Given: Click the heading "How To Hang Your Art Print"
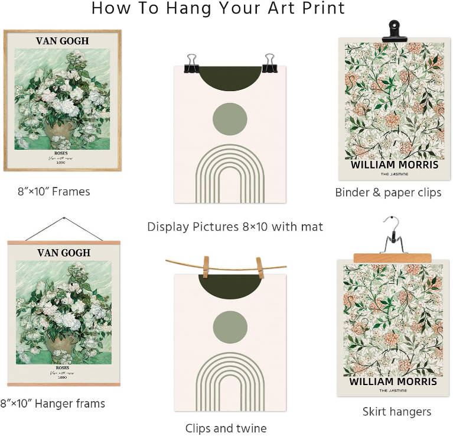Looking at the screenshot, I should tap(218, 9).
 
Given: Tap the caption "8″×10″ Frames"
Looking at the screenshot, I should tap(54, 192).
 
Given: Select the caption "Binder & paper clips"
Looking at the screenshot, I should tap(388, 192).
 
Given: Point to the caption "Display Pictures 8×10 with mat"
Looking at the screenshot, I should tap(235, 227).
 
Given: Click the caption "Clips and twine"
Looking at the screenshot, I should tap(226, 428).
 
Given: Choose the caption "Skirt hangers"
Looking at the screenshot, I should tap(396, 411).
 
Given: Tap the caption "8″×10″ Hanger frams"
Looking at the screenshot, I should tap(53, 404).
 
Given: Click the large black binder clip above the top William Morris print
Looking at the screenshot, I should tap(394, 31).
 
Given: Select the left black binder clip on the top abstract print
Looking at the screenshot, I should tap(192, 63).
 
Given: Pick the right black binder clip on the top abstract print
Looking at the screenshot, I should tap(270, 63).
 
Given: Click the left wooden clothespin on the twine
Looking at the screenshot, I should tap(205, 267).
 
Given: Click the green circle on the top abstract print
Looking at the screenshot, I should tap(230, 119).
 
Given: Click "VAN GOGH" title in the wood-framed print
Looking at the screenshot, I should tap(62, 41).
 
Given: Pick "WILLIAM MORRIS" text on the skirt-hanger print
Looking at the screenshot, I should tap(393, 381).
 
